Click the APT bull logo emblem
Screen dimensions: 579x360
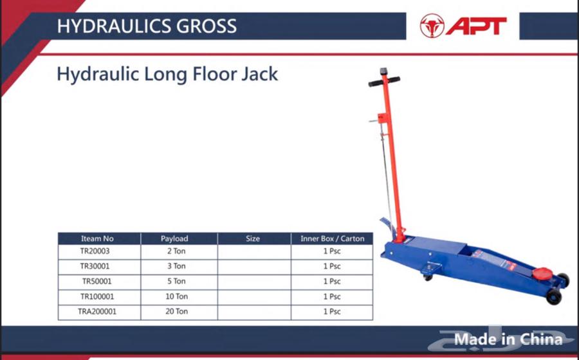tap(432, 26)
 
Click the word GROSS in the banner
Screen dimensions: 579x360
tap(206, 26)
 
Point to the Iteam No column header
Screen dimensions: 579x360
tap(97, 239)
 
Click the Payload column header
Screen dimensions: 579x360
tap(174, 239)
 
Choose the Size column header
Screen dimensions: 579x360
tap(253, 239)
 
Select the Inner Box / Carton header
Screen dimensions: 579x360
tap(333, 239)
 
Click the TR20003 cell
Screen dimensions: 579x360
tap(95, 251)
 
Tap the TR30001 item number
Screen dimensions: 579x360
tap(95, 266)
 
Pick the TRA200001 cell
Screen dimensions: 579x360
tap(97, 312)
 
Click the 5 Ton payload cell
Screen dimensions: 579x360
tap(176, 282)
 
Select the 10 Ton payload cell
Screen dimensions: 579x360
tap(176, 296)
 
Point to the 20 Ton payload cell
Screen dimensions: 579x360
tap(176, 312)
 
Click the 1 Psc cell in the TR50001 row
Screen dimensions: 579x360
tap(332, 282)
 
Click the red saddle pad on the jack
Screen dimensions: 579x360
tap(542, 274)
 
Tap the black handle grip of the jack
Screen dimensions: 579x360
tap(384, 80)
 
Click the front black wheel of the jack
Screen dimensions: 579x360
tap(553, 296)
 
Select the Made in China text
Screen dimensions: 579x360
tap(508, 339)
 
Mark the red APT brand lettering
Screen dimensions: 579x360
tap(476, 26)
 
